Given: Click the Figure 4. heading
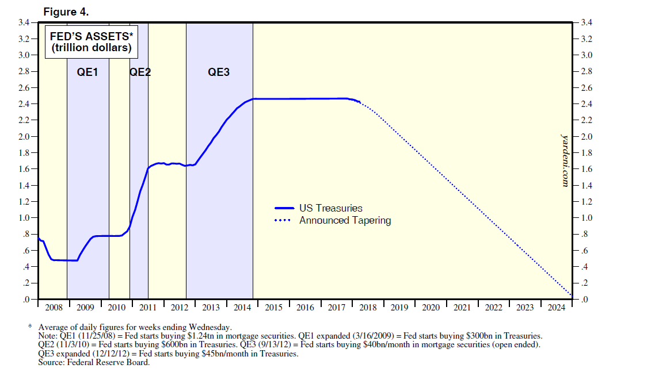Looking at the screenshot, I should pyautogui.click(x=66, y=11).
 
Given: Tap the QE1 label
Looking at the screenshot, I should pyautogui.click(x=87, y=72).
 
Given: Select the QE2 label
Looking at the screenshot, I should pyautogui.click(x=140, y=72).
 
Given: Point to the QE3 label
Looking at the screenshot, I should pyautogui.click(x=219, y=72).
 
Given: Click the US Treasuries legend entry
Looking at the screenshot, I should pyautogui.click(x=331, y=208).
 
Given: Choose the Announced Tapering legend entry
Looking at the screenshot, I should pyautogui.click(x=345, y=220).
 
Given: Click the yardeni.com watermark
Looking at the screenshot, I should pyautogui.click(x=565, y=160).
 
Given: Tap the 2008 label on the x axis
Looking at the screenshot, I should pyautogui.click(x=54, y=308).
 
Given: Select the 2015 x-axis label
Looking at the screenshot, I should pyautogui.click(x=273, y=308).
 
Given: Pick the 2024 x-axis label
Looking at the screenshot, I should pyautogui.click(x=556, y=308).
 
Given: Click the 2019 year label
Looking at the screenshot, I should pyautogui.click(x=399, y=308).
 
